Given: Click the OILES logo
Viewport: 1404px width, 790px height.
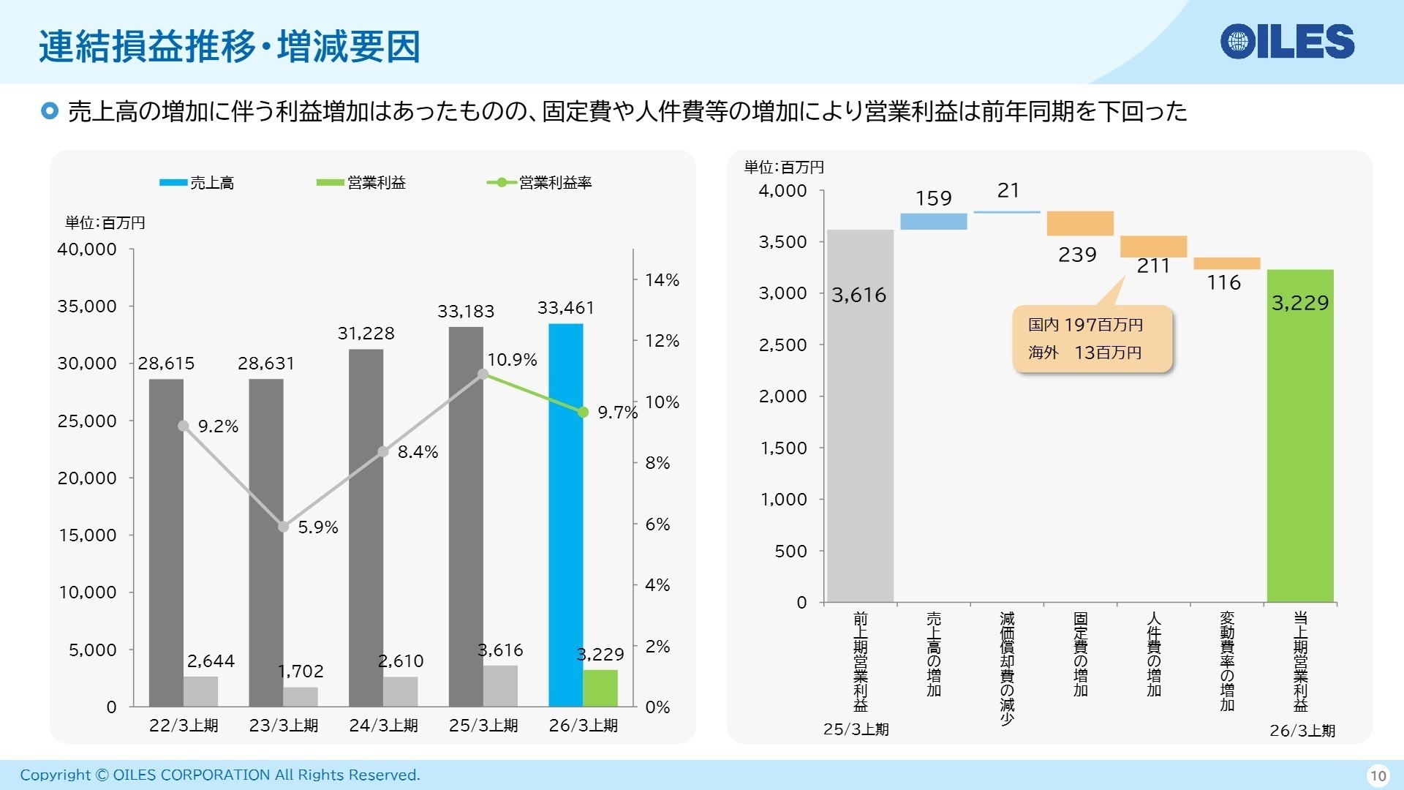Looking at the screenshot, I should point(1287,41).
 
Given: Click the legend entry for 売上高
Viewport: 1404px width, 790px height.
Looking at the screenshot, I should point(197,183).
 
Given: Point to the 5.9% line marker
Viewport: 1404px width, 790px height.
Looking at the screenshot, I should point(284,527).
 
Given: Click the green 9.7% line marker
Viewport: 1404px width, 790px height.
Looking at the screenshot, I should point(583,413).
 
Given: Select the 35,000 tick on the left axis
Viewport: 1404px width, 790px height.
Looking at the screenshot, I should point(87,306).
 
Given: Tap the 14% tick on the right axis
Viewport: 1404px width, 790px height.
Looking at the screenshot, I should point(662,280).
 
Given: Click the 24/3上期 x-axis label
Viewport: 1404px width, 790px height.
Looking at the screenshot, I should point(383,726).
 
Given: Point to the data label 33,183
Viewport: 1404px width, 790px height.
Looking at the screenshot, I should point(466,312).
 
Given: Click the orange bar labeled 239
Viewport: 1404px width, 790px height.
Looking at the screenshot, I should point(1079,223).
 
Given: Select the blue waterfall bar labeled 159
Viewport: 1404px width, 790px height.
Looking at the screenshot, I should point(933,221).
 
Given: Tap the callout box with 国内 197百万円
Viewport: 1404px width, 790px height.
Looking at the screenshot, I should point(1092,339).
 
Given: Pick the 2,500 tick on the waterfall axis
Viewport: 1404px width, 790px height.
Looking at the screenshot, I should point(782,345).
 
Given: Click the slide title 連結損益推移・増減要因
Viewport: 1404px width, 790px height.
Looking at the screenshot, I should point(229,46).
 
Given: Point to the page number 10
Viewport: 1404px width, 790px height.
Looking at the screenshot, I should point(1378,775).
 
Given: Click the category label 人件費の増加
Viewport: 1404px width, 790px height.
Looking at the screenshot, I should point(1153,655).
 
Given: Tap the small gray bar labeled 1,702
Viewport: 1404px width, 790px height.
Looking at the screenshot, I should point(301,696).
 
